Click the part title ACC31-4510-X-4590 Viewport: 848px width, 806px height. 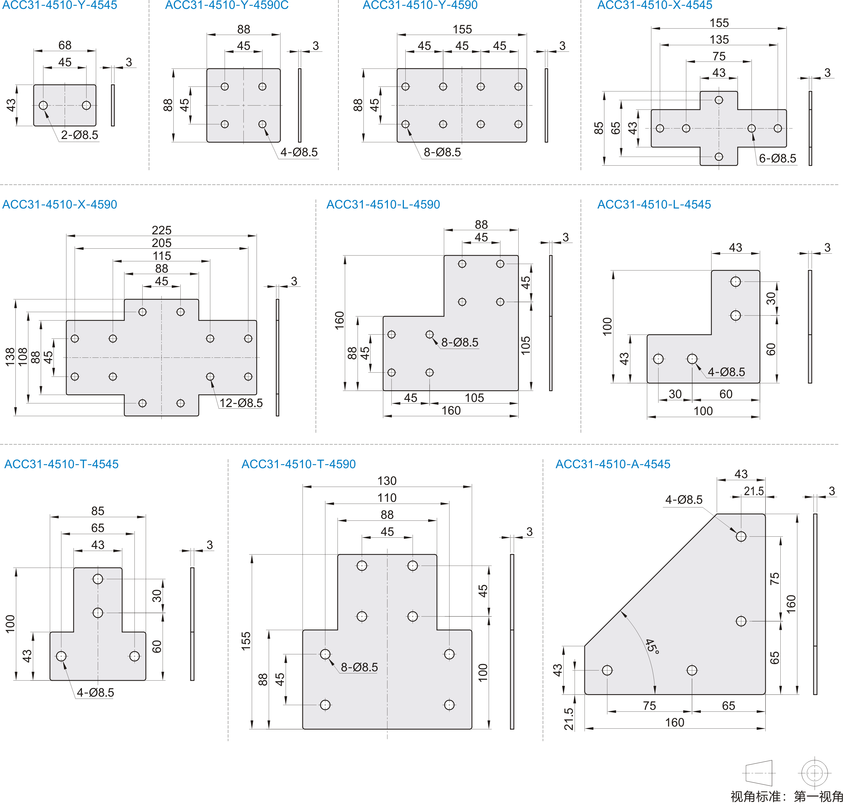pos(60,204)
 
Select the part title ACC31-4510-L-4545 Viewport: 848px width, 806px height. pos(654,204)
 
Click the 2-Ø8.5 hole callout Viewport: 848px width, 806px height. pos(80,135)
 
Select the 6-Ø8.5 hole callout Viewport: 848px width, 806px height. pos(777,159)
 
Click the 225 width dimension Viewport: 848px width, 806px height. pos(162,230)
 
